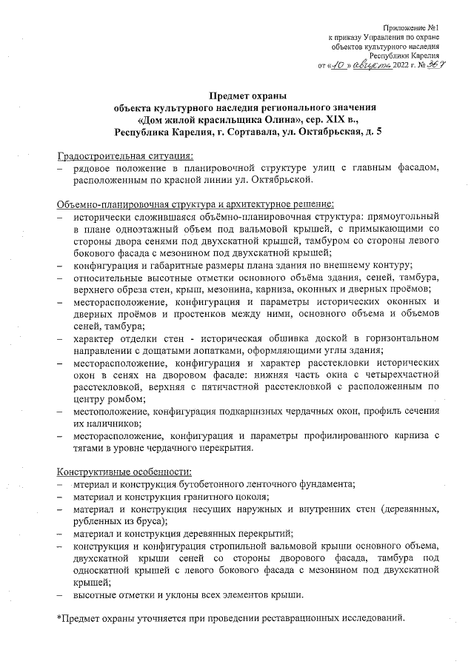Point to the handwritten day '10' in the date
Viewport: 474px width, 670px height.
coord(340,65)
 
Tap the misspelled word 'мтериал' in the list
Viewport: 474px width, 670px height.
coord(92,483)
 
